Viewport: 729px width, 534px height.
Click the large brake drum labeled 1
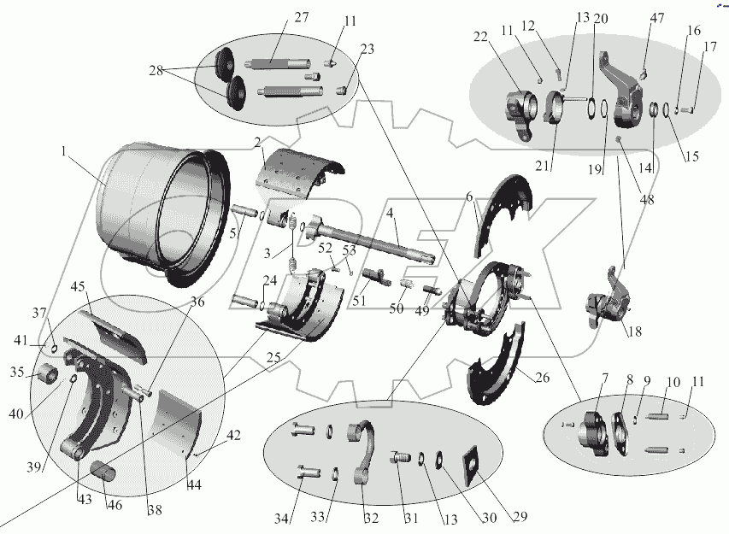158,214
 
